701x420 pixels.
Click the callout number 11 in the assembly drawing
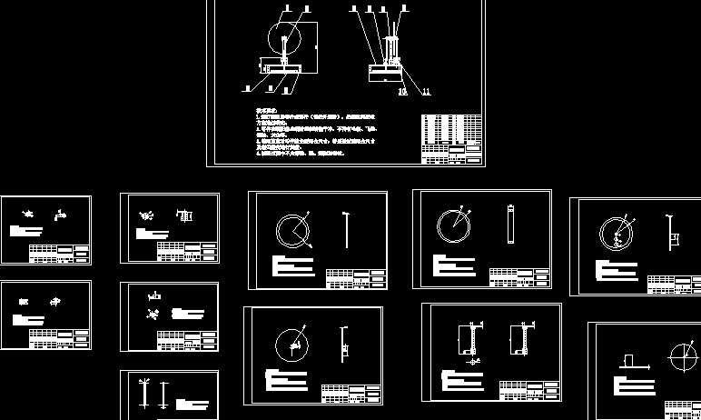point(426,92)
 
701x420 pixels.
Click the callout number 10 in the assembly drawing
point(402,92)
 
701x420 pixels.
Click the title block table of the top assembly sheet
point(451,138)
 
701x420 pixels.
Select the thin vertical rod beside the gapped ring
point(347,229)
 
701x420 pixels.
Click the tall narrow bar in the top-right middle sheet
point(510,223)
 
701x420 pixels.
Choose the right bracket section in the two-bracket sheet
point(520,339)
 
